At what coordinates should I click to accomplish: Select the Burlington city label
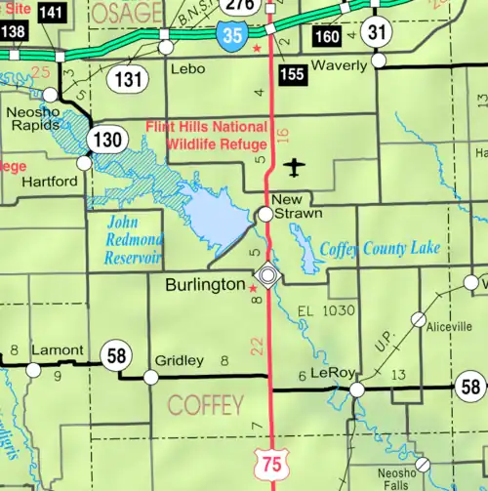coord(204,285)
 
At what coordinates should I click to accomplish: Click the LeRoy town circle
coord(357,389)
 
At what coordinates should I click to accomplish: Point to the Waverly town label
coord(339,65)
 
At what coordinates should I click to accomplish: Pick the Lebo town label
coord(186,69)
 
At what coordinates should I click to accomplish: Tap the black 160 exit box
coord(329,37)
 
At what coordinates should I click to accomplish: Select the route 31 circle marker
coord(377,32)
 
